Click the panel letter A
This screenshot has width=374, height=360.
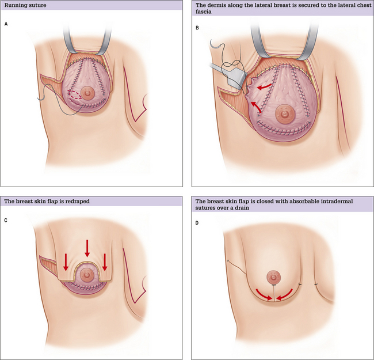6,24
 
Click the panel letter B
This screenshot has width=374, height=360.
197,28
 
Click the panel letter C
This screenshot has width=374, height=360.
6,221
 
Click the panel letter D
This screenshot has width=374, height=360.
197,223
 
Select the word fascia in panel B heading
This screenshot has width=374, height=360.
204,12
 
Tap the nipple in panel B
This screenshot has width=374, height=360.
284,113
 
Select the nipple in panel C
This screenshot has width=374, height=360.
86,275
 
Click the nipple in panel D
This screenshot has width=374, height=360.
273,277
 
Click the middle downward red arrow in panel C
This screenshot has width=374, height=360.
87,248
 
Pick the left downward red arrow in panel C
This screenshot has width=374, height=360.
66,262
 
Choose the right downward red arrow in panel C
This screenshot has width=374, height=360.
105,262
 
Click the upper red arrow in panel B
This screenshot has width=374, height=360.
264,86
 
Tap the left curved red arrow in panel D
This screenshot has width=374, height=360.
264,295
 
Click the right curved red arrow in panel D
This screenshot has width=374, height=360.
285,294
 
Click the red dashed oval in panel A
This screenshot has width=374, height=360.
75,95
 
